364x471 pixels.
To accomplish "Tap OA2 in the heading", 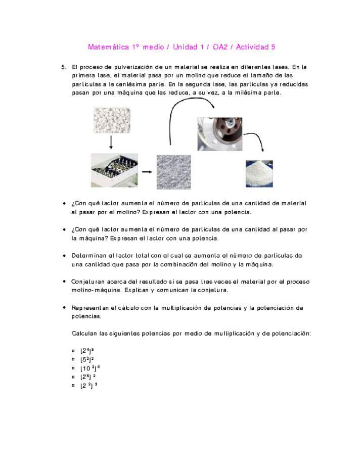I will (x=219, y=47).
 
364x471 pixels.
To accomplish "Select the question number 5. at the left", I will (x=64, y=67).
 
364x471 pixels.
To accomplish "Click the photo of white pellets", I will (x=111, y=120).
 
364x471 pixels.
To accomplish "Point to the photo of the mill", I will (x=114, y=170).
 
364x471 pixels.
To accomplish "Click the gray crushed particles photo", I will (x=173, y=172).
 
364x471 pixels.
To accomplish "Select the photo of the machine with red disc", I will (x=220, y=134).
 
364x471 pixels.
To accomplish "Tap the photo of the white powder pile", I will (x=259, y=173).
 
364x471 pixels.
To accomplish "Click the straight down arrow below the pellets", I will (x=111, y=143).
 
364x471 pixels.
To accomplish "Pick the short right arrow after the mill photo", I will (x=147, y=172).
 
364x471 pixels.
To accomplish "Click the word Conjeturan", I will (x=89, y=281).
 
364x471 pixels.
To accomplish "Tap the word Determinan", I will (x=89, y=255).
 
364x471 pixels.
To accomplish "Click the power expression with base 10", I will (x=89, y=368).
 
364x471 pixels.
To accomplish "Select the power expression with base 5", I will (x=86, y=359).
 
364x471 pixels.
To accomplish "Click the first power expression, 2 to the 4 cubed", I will (x=87, y=350).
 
